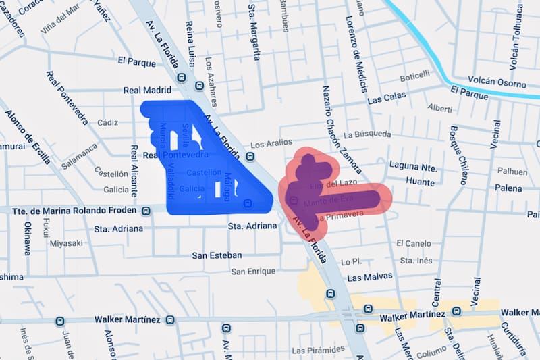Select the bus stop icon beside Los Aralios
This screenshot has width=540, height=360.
[250, 157]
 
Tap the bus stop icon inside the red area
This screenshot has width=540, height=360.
[292, 200]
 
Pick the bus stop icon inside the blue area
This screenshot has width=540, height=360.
[248, 203]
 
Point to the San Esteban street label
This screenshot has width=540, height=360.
[217, 255]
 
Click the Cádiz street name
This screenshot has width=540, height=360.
[107, 123]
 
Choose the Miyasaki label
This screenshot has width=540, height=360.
[66, 243]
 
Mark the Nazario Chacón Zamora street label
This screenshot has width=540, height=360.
[335, 122]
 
